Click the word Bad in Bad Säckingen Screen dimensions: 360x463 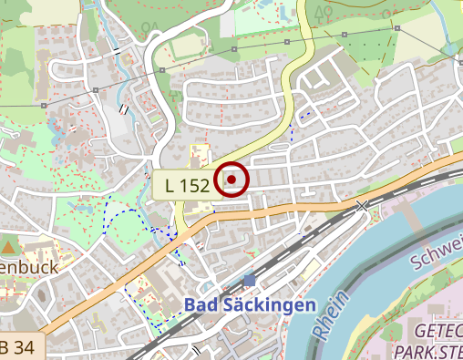[201, 305]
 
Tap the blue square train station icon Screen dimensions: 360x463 [250, 281]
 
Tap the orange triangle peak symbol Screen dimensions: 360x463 [9, 246]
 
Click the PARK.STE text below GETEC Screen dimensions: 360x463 [428, 350]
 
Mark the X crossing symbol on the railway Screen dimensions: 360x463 [364, 207]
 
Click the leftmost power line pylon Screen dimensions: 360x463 [45, 106]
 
